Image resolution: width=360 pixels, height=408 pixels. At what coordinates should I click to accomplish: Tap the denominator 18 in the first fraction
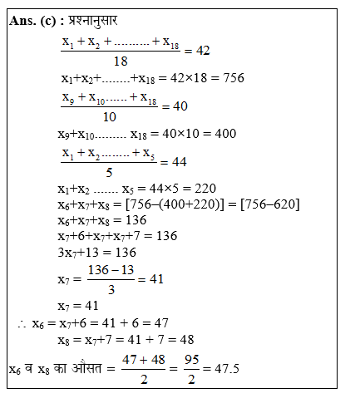coord(120,61)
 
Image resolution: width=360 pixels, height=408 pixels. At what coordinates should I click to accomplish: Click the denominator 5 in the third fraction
coord(109,172)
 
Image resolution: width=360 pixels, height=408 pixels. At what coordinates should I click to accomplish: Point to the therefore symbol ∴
coord(21,323)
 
